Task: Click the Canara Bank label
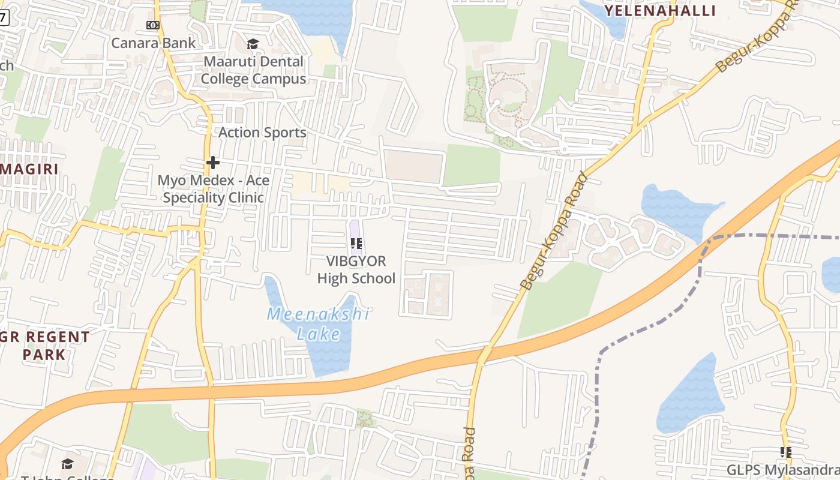pos(154,43)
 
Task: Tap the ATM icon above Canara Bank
pos(153,25)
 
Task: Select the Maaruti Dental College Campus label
pos(253,70)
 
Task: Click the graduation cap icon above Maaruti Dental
pos(253,44)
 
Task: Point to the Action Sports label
pos(262,133)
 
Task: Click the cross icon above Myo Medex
pos(212,163)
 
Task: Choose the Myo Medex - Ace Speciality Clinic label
pos(213,189)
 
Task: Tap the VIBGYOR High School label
pos(356,270)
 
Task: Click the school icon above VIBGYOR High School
pos(356,244)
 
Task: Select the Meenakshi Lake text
pos(318,324)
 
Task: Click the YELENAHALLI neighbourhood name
pos(660,11)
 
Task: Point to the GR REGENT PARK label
pos(44,346)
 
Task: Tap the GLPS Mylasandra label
pos(783,470)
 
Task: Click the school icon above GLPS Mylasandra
pos(786,452)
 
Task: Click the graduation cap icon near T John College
pos(67,464)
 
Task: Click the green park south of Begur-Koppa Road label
pos(558,300)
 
